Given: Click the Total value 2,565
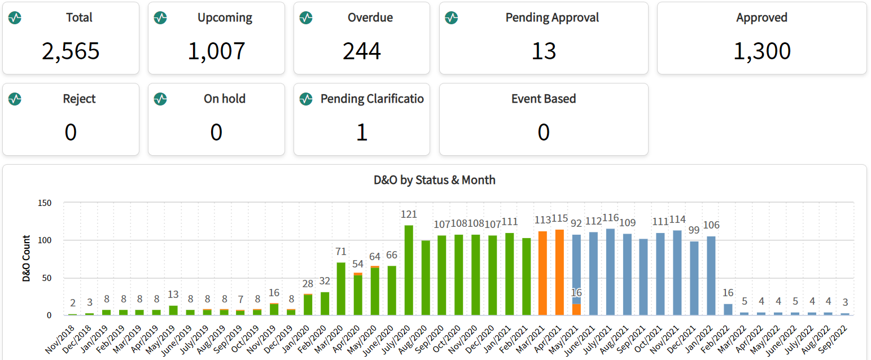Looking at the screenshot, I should coord(71,51).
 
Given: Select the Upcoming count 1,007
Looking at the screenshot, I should coord(216,51).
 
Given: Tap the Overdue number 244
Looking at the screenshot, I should coord(362,51).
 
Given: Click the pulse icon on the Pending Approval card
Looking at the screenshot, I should coord(451,18).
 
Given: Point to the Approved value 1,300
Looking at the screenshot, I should coord(761,51).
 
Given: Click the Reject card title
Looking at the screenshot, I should coord(79,99).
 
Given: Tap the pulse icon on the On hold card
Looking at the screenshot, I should coord(160,99).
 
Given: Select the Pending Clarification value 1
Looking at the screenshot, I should coord(362,133).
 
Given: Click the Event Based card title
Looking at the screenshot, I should coord(543,99).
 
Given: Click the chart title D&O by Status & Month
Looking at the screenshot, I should coord(435,180).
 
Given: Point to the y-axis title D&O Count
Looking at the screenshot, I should coord(26,259).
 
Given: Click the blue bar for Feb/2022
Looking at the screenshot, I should coord(728,309).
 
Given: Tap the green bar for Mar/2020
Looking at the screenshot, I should coord(341,288).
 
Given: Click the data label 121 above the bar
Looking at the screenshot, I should coord(408,214).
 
